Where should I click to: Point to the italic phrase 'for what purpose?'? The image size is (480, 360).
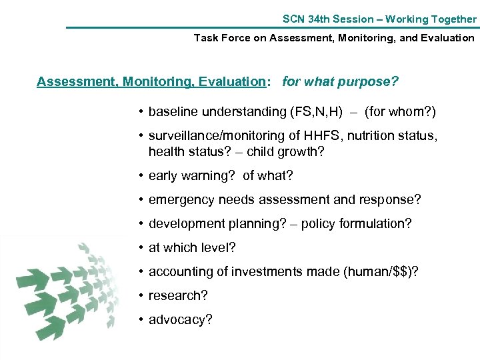click(341, 82)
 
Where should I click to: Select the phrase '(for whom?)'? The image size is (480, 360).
click(400, 111)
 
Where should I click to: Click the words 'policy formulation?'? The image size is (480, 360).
click(357, 224)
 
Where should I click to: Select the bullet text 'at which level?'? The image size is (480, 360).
click(192, 248)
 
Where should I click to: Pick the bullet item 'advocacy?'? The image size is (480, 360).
click(181, 320)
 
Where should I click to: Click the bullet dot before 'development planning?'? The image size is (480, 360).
click(142, 224)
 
